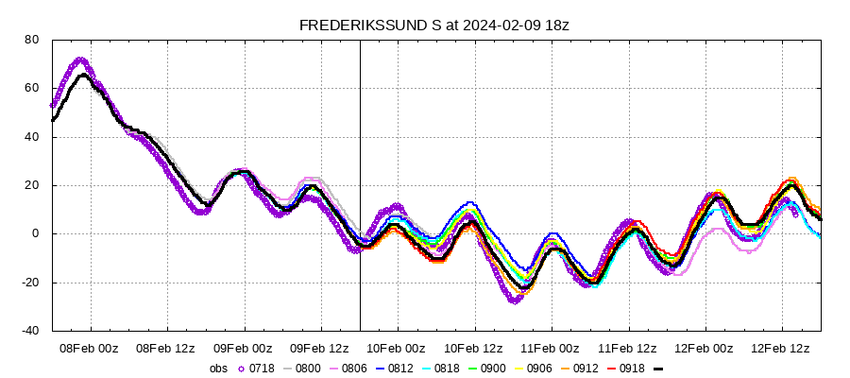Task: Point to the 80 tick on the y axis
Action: coord(31,40)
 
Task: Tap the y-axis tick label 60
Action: coord(31,88)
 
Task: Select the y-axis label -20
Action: coord(29,283)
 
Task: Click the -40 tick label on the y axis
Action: coord(29,331)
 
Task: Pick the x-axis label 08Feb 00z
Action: coord(90,348)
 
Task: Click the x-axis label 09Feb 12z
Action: coord(320,348)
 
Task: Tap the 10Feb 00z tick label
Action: coord(397,348)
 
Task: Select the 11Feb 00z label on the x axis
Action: coord(551,348)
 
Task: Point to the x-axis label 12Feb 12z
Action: coord(781,348)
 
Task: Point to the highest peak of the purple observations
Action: coord(79,60)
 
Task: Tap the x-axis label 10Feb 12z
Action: coord(473,348)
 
